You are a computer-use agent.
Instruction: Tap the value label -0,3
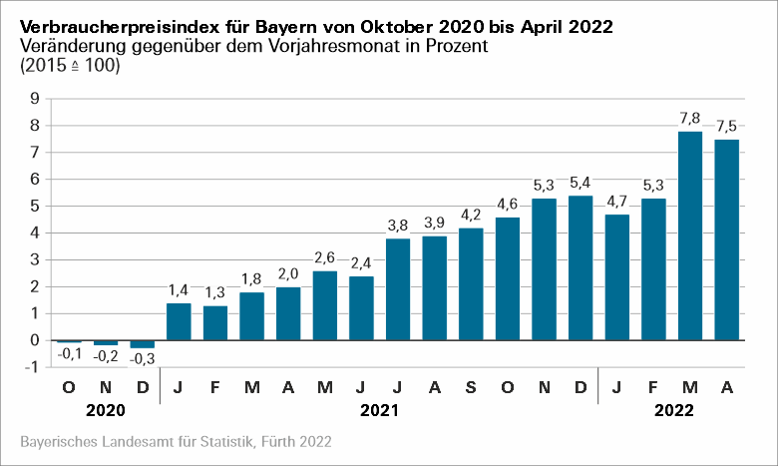click(143, 358)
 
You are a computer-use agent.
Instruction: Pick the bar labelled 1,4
click(179, 321)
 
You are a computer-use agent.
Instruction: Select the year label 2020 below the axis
click(106, 410)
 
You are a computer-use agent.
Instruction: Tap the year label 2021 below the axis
click(379, 410)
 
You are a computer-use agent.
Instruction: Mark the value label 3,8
click(398, 226)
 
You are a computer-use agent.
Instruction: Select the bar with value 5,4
click(581, 267)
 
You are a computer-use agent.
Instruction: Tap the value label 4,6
click(508, 205)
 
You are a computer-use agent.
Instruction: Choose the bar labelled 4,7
click(617, 277)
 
